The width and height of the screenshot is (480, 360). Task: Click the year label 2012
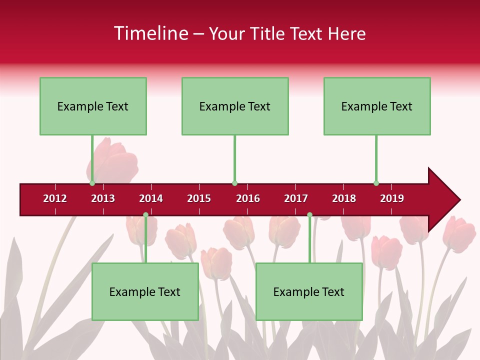coord(55,198)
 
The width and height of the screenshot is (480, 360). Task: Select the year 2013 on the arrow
coord(103,198)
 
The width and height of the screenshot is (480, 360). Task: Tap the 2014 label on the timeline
coord(151,198)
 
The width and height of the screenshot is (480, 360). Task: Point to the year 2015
coord(199,198)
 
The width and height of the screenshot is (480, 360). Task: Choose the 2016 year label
coord(248,198)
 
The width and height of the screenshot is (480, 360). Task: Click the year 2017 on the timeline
coord(296,198)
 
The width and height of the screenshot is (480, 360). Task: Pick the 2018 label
coord(344,198)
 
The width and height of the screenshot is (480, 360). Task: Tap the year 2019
coord(392,198)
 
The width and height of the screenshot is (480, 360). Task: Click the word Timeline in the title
coord(151,33)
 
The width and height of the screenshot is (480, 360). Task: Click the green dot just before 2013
coord(92,183)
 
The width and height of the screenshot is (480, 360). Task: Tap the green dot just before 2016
coord(234,183)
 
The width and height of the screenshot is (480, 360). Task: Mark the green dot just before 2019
coord(376,183)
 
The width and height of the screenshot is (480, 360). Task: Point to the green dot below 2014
coord(145,215)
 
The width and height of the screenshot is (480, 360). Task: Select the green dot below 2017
coord(309,215)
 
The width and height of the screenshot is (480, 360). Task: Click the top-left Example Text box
coord(93,106)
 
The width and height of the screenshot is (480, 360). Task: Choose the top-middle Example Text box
coord(235,106)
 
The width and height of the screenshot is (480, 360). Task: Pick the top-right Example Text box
coord(377,106)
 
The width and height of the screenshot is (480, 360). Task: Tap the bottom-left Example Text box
coord(145,292)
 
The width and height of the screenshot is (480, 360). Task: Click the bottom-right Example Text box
coord(309,292)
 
